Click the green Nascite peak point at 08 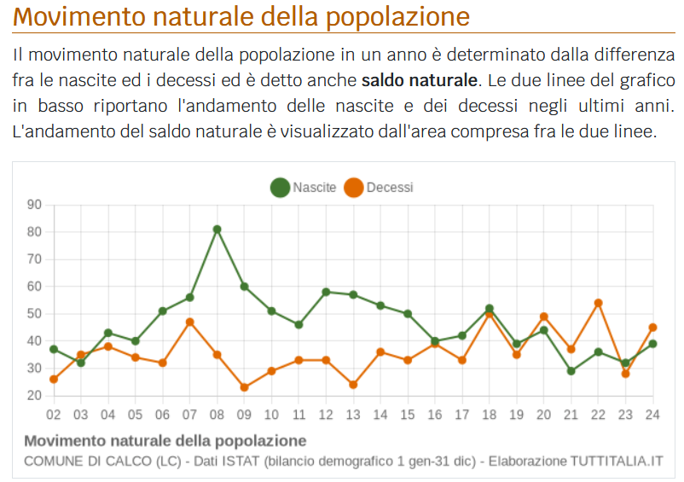pos(217,229)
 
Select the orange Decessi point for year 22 pos(598,303)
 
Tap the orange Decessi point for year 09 pos(244,387)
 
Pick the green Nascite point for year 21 pos(571,371)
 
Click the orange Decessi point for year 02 pos(54,379)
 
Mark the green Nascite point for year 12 pos(326,292)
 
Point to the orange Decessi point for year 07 pos(189,322)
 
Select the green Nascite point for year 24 pos(652,344)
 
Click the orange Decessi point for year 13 pos(353,385)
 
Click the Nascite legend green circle pos(280,188)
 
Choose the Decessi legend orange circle pos(353,188)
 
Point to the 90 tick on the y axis pos(34,205)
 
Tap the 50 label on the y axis pos(34,314)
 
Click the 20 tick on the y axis pos(34,396)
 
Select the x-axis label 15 pos(408,415)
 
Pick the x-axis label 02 pos(54,415)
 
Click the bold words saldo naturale pos(420,82)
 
